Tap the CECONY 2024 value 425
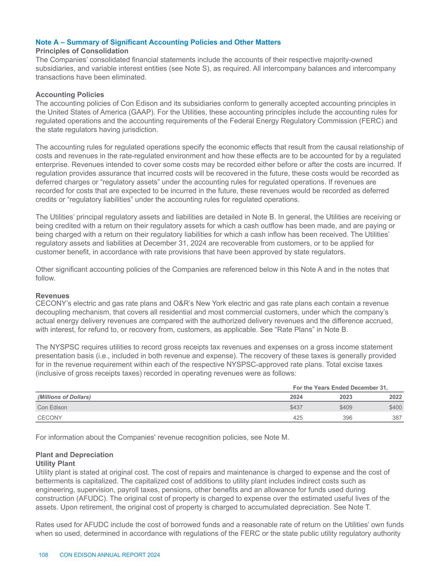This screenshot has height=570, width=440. click(x=297, y=417)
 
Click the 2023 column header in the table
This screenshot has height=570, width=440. click(x=346, y=397)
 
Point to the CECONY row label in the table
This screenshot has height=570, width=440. click(x=50, y=417)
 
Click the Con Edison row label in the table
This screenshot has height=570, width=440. click(x=52, y=407)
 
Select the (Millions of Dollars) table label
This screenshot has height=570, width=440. click(x=64, y=397)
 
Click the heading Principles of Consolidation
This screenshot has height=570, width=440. click(x=82, y=51)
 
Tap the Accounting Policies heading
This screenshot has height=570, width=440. click(x=70, y=95)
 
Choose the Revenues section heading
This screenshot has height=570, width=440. click(x=53, y=296)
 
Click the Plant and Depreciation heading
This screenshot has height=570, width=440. click(x=74, y=454)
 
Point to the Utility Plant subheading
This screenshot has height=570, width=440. click(x=55, y=464)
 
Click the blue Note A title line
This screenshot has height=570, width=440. click(x=158, y=42)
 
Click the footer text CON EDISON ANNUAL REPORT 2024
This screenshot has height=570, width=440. click(x=110, y=555)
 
